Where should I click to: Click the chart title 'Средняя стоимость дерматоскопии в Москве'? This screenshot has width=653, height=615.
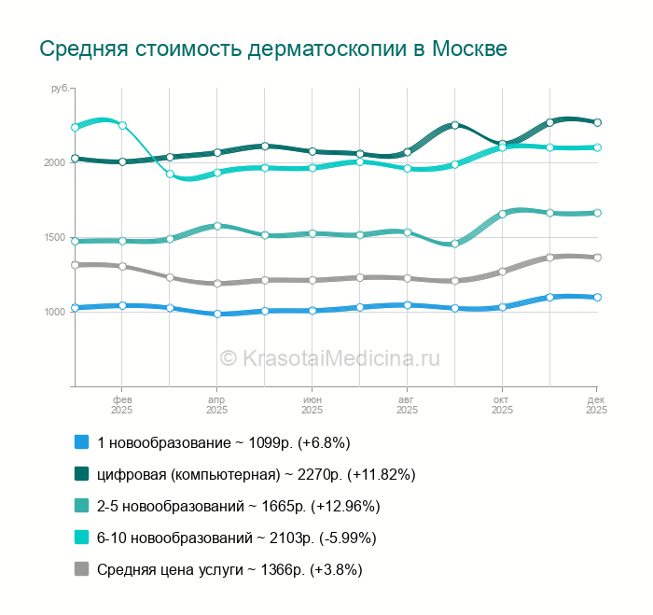(x=272, y=49)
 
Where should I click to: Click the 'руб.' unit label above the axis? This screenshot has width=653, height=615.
(x=60, y=89)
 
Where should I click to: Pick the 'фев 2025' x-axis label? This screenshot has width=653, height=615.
(x=121, y=404)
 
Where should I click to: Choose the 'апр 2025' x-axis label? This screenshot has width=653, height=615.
(x=216, y=404)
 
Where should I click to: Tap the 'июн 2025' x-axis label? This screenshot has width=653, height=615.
(x=312, y=404)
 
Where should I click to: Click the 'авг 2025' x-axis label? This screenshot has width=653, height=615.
(x=407, y=404)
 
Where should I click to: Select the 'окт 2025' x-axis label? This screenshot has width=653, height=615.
(x=502, y=404)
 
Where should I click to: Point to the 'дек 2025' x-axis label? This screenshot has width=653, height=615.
(x=596, y=404)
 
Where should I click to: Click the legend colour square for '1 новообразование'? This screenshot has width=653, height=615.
(x=81, y=442)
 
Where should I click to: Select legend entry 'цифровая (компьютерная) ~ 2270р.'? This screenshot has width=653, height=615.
(x=256, y=474)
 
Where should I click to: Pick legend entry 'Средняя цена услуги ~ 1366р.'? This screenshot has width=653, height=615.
(x=229, y=569)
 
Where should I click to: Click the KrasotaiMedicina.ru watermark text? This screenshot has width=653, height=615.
(x=328, y=357)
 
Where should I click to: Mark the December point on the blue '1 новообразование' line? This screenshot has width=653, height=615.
(x=597, y=298)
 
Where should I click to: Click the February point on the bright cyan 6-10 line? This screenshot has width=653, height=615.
(x=122, y=125)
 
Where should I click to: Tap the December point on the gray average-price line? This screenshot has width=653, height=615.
(x=597, y=258)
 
